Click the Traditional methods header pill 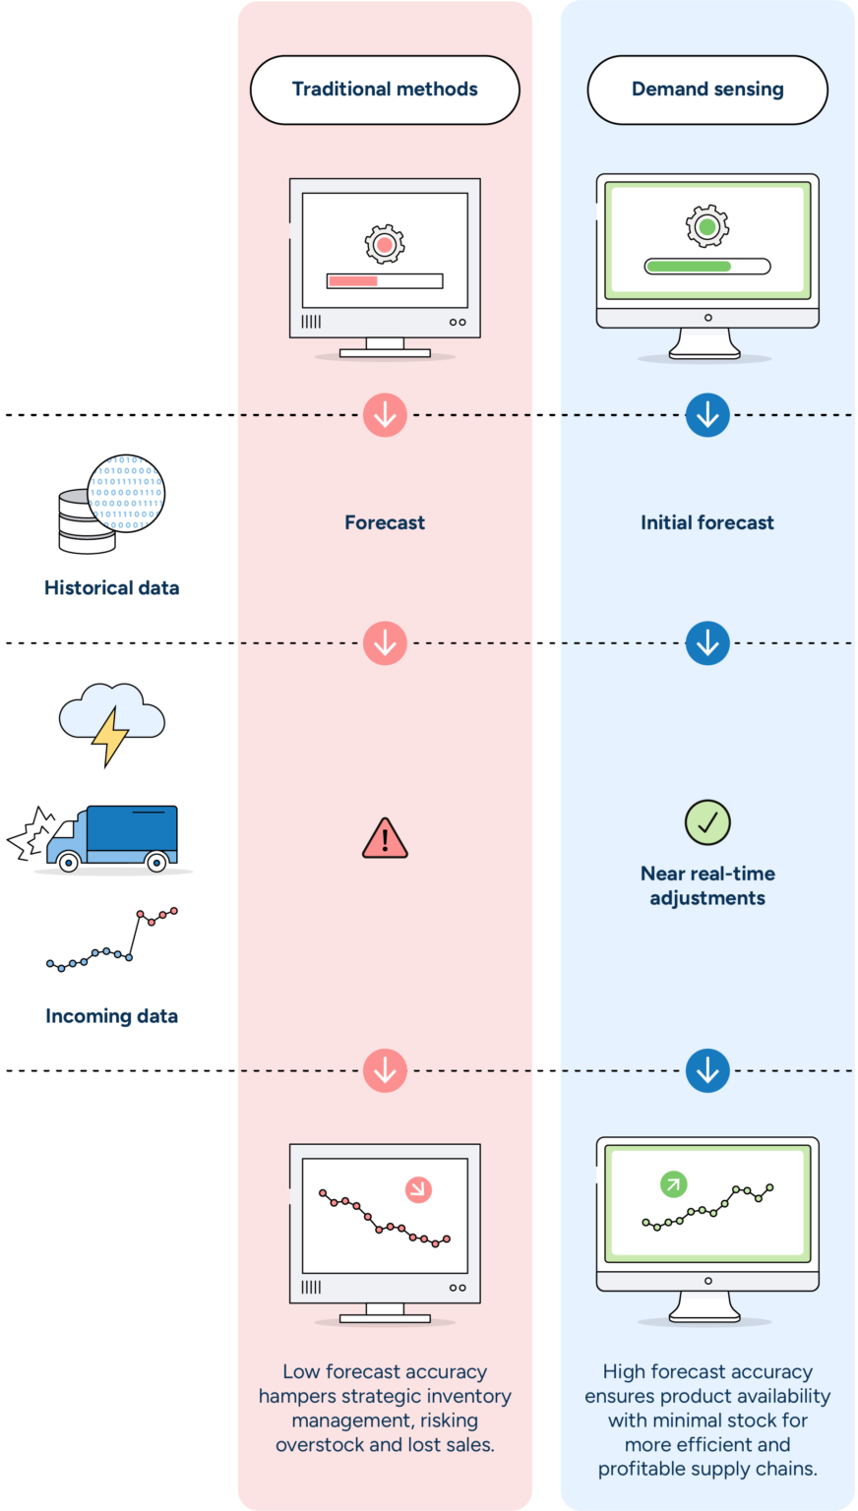pyautogui.click(x=385, y=90)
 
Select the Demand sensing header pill pyautogui.click(x=707, y=90)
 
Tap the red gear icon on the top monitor pyautogui.click(x=385, y=244)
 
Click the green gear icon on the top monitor pyautogui.click(x=706, y=226)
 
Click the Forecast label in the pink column pyautogui.click(x=385, y=522)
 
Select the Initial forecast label pyautogui.click(x=707, y=522)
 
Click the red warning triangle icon pyautogui.click(x=385, y=839)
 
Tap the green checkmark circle pyautogui.click(x=707, y=822)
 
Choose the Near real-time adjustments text pyautogui.click(x=707, y=885)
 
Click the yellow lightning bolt pyautogui.click(x=110, y=734)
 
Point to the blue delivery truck pyautogui.click(x=112, y=837)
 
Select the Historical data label pyautogui.click(x=111, y=588)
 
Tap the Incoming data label pyautogui.click(x=111, y=1016)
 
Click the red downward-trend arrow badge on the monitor pyautogui.click(x=419, y=1190)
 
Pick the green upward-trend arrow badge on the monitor pyautogui.click(x=673, y=1183)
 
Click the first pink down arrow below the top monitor pyautogui.click(x=385, y=415)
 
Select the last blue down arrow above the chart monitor pyautogui.click(x=707, y=1070)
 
